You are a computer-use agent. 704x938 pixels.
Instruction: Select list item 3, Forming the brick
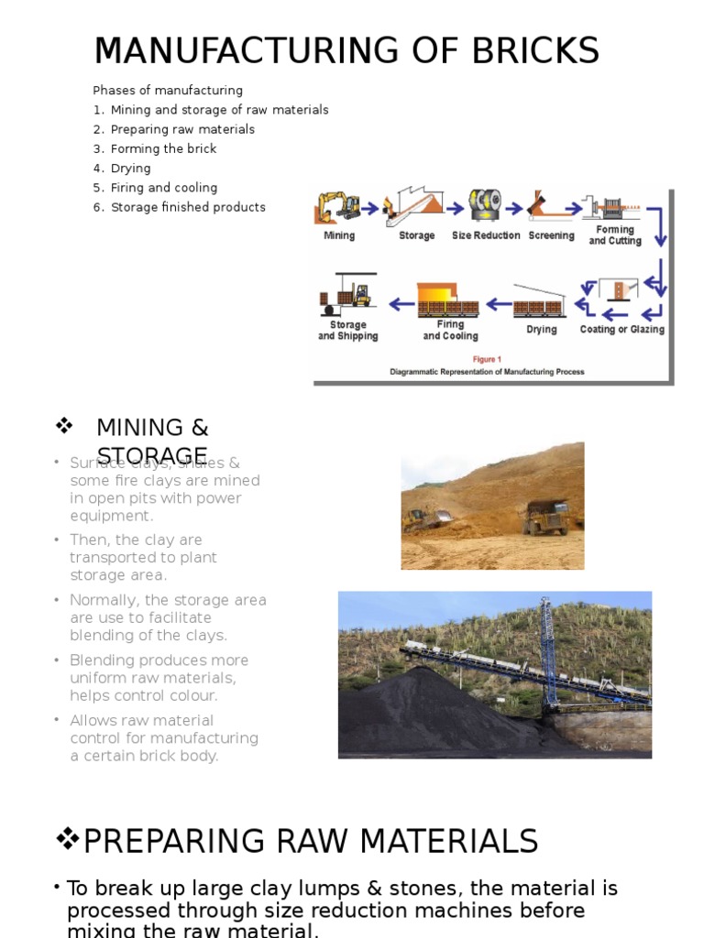click(x=163, y=148)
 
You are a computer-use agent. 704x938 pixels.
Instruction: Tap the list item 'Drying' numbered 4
click(x=130, y=169)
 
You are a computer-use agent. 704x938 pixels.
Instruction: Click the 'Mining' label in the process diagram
click(x=339, y=235)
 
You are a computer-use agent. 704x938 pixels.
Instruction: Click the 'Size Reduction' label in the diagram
click(x=486, y=235)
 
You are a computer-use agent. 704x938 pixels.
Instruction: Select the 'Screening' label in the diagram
click(x=551, y=235)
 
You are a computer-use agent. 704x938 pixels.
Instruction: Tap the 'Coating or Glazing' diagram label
click(x=622, y=329)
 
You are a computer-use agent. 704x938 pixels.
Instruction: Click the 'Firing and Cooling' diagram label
click(x=450, y=330)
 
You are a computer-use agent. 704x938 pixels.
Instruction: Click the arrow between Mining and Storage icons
click(x=369, y=208)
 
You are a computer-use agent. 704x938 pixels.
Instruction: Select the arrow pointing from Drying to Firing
click(x=498, y=303)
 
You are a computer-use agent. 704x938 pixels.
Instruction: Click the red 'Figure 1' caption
click(x=487, y=359)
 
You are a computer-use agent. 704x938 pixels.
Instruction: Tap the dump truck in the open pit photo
click(x=546, y=517)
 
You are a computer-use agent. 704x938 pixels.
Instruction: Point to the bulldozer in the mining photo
click(x=421, y=519)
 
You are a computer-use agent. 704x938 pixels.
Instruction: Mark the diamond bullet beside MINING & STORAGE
click(x=64, y=426)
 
